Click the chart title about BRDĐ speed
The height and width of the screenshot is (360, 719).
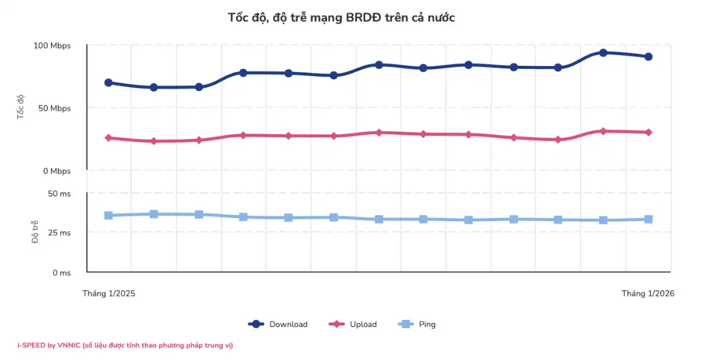point(342,17)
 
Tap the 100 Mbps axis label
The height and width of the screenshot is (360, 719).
point(52,46)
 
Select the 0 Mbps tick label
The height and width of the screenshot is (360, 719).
point(56,171)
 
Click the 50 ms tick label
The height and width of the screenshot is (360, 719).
point(59,193)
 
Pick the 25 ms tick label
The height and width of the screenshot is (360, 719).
point(59,233)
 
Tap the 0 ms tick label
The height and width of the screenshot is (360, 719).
point(61,273)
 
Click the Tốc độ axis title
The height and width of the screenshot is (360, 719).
point(20,106)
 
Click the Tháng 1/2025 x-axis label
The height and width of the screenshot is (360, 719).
point(108,294)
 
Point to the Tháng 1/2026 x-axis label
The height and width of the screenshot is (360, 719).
point(648,294)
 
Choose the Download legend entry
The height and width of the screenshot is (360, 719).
point(278,325)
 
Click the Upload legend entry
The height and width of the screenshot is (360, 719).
point(353,325)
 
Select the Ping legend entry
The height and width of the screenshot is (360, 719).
point(417,325)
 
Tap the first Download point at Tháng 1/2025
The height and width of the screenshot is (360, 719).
point(108,83)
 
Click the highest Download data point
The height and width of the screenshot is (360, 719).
point(603,53)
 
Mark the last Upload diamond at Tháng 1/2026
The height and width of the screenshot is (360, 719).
point(648,132)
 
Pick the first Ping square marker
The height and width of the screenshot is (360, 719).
point(108,216)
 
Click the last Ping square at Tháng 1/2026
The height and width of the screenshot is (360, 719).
point(648,219)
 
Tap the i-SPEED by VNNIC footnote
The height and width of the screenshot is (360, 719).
point(125,345)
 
